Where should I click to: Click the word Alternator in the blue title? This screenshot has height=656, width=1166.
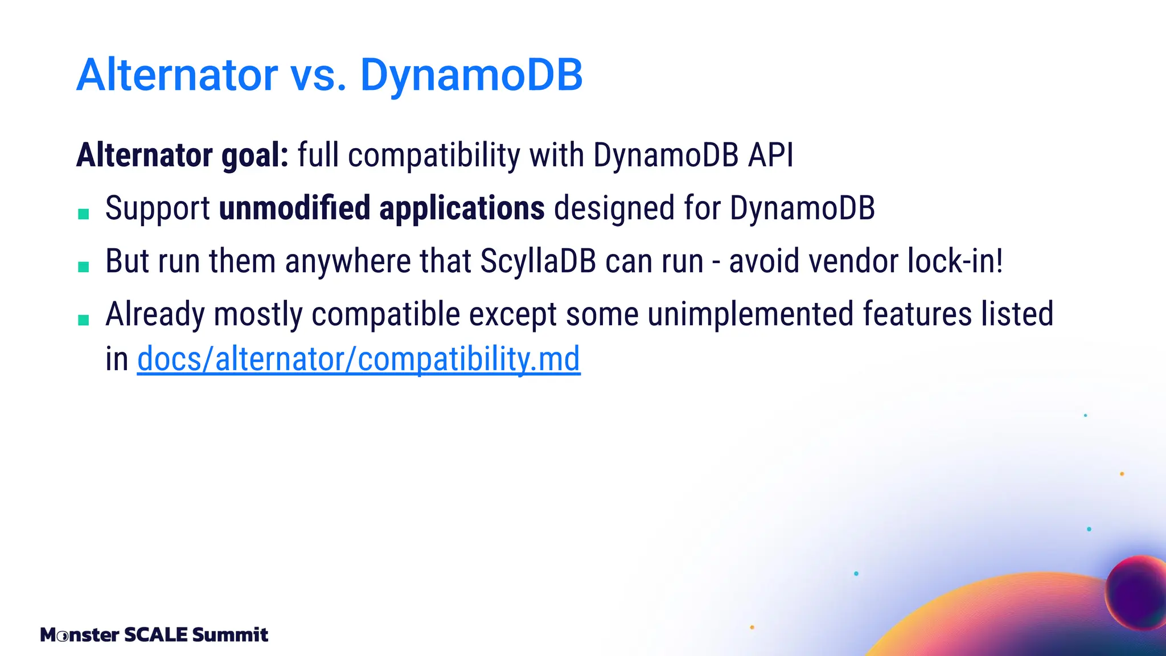[x=177, y=75]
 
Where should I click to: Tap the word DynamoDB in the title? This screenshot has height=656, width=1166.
[x=471, y=75]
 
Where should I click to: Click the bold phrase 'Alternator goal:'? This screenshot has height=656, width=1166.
[x=183, y=155]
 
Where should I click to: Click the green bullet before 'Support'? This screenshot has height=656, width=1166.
[x=84, y=214]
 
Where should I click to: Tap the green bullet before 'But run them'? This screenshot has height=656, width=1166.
[x=84, y=267]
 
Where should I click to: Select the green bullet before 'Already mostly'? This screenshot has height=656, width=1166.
[x=84, y=320]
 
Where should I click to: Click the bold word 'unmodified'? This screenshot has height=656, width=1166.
[x=294, y=208]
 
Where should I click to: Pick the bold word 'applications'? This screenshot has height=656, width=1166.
[x=462, y=208]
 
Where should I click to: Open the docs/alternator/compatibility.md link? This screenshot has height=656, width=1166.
[x=359, y=359]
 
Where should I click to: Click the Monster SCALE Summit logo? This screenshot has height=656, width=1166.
[x=154, y=634]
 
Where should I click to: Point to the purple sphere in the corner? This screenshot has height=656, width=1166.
[x=1136, y=592]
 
